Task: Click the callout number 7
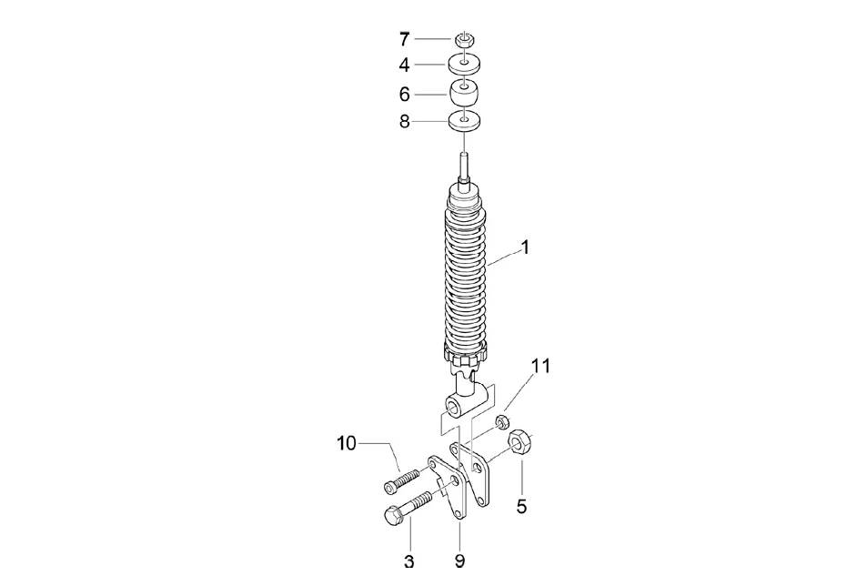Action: coord(404,39)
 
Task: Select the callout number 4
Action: coord(404,66)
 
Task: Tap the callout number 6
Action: coord(404,94)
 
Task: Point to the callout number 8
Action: coord(404,121)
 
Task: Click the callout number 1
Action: coord(525,248)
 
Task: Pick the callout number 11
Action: coord(541,367)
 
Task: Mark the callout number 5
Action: coord(521,507)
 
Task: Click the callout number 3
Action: coord(408,561)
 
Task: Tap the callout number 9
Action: coord(459,561)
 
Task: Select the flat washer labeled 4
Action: coord(464,65)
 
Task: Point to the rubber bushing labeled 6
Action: coord(464,94)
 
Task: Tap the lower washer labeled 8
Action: coord(464,120)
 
